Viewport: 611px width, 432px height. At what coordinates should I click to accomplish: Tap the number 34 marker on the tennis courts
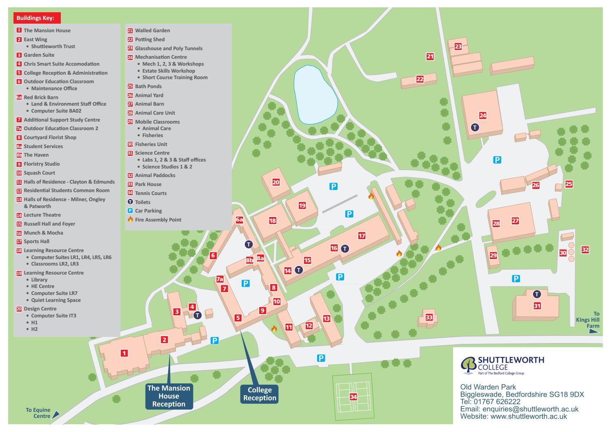coord(353,397)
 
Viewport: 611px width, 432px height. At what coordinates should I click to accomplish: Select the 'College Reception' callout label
coord(260,394)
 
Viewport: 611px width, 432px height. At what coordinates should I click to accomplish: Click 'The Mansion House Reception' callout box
coord(169,396)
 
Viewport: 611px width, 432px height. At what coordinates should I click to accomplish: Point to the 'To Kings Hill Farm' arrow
coord(594,332)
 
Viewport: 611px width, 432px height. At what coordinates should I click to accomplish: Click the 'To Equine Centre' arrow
coord(56,414)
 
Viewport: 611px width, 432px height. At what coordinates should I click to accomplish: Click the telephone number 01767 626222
coord(497,402)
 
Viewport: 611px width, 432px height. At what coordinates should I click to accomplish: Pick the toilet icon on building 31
coord(537,294)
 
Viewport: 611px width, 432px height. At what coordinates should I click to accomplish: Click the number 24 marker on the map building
coord(483,115)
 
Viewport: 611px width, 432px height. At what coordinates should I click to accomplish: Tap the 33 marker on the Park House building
coord(429,317)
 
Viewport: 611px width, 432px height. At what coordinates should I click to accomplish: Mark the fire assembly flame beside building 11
coord(274,328)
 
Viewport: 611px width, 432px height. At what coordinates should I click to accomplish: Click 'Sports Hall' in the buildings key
coord(36,241)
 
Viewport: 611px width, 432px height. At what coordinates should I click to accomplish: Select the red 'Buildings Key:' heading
coord(37,18)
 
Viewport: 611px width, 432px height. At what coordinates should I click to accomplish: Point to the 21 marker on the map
coord(430,56)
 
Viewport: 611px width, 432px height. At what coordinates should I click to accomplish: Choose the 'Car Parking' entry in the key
coord(148,211)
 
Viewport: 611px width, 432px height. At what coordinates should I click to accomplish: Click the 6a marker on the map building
coord(240,220)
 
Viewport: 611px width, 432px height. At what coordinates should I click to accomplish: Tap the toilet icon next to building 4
coord(198,315)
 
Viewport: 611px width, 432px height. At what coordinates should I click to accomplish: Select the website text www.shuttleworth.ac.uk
coord(529,416)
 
